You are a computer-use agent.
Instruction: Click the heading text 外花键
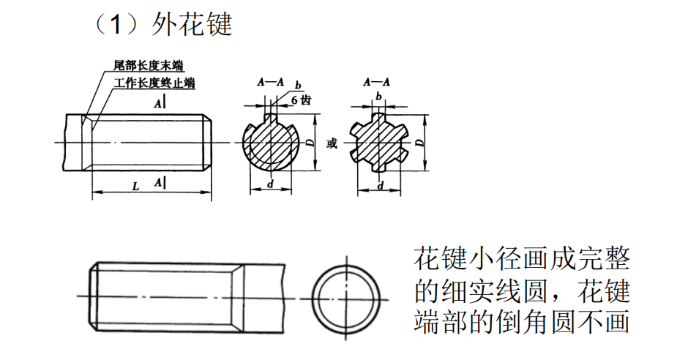(x=192, y=26)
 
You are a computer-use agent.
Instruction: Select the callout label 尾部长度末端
(x=149, y=66)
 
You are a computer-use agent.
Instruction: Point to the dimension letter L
(x=136, y=187)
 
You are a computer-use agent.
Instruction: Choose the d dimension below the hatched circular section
(x=270, y=185)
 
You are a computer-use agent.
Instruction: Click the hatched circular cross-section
(x=270, y=143)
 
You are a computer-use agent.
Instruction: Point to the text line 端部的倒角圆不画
(x=521, y=323)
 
